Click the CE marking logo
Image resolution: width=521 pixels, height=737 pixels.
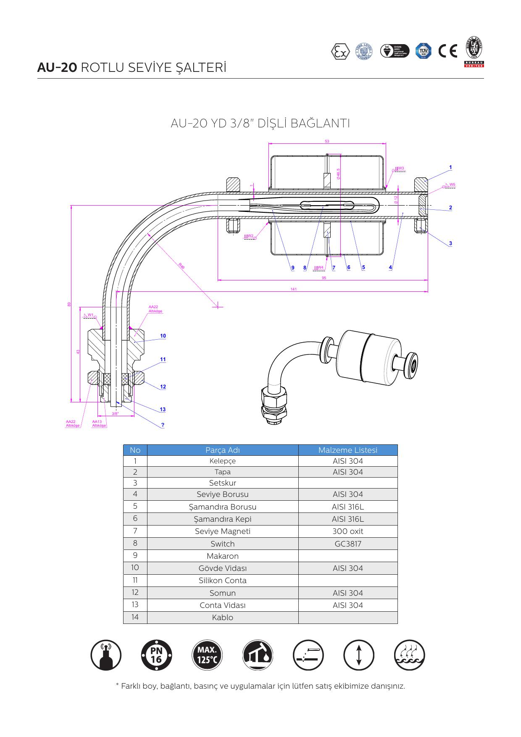(x=447, y=51)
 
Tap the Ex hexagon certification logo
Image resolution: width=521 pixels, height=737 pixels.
(x=340, y=51)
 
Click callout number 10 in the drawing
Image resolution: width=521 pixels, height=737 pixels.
(x=163, y=336)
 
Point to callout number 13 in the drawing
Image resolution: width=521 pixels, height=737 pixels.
(x=163, y=409)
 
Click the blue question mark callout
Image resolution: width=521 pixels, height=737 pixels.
(x=163, y=425)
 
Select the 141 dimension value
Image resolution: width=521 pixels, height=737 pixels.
(x=293, y=289)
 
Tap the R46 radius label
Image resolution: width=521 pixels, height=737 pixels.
(x=182, y=266)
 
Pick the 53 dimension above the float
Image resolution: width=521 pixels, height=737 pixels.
(x=327, y=141)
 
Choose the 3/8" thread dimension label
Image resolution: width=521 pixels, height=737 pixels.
(x=115, y=414)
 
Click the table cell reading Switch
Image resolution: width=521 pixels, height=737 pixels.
(x=222, y=544)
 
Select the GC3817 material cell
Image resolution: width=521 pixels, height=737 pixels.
(x=347, y=544)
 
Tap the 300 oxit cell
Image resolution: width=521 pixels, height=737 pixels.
(x=347, y=531)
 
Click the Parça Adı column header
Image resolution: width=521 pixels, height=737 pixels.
(x=222, y=450)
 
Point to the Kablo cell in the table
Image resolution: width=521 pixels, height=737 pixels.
(x=222, y=618)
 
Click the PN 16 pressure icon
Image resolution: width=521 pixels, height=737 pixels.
(x=156, y=655)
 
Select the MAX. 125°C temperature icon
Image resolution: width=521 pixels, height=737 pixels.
(x=207, y=655)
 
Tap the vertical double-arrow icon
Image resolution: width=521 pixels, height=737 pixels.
(x=358, y=655)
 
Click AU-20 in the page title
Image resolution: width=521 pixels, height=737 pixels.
(x=57, y=68)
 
